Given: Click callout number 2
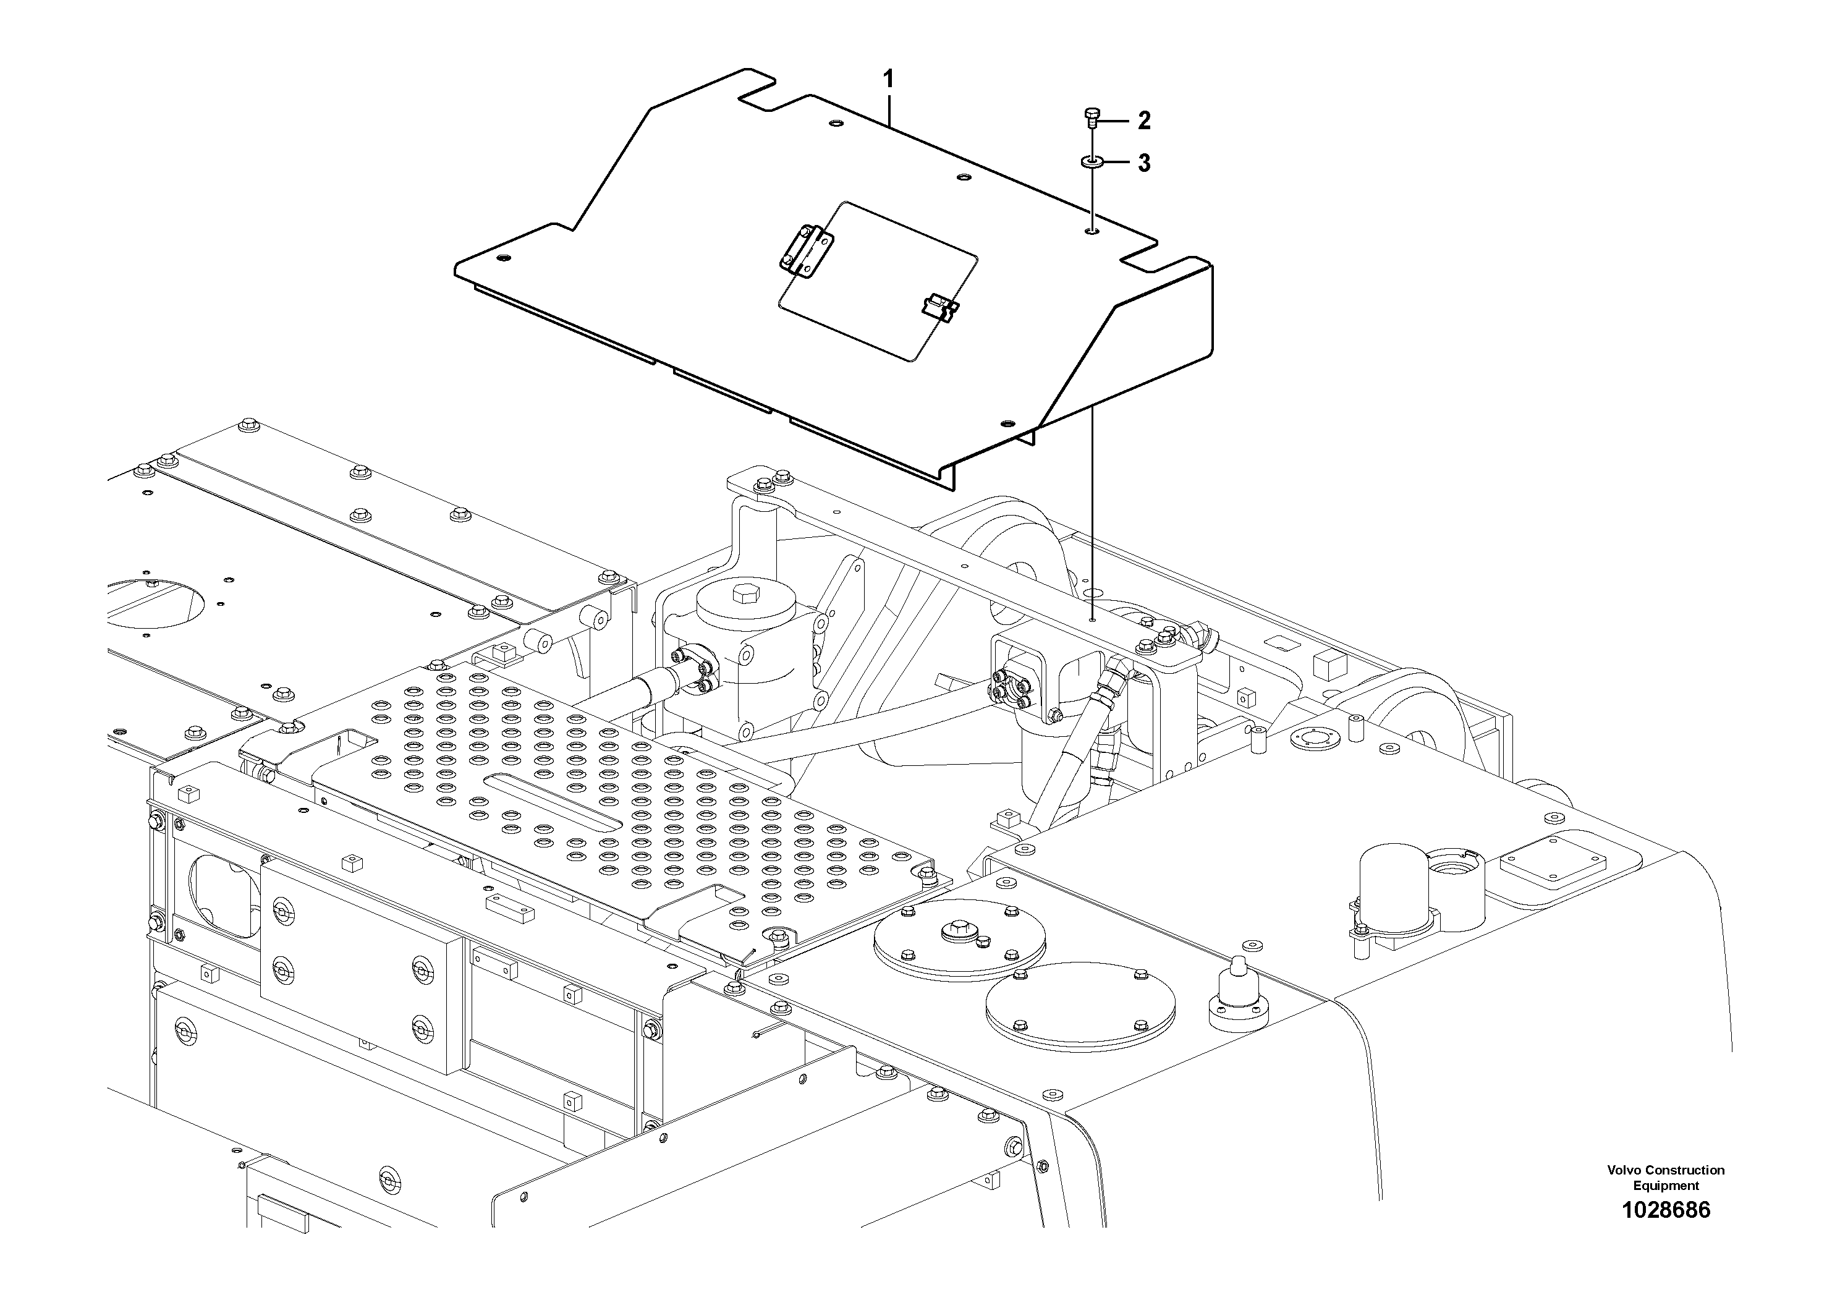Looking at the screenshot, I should pos(1143,121).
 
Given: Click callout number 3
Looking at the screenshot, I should pos(1143,163).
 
